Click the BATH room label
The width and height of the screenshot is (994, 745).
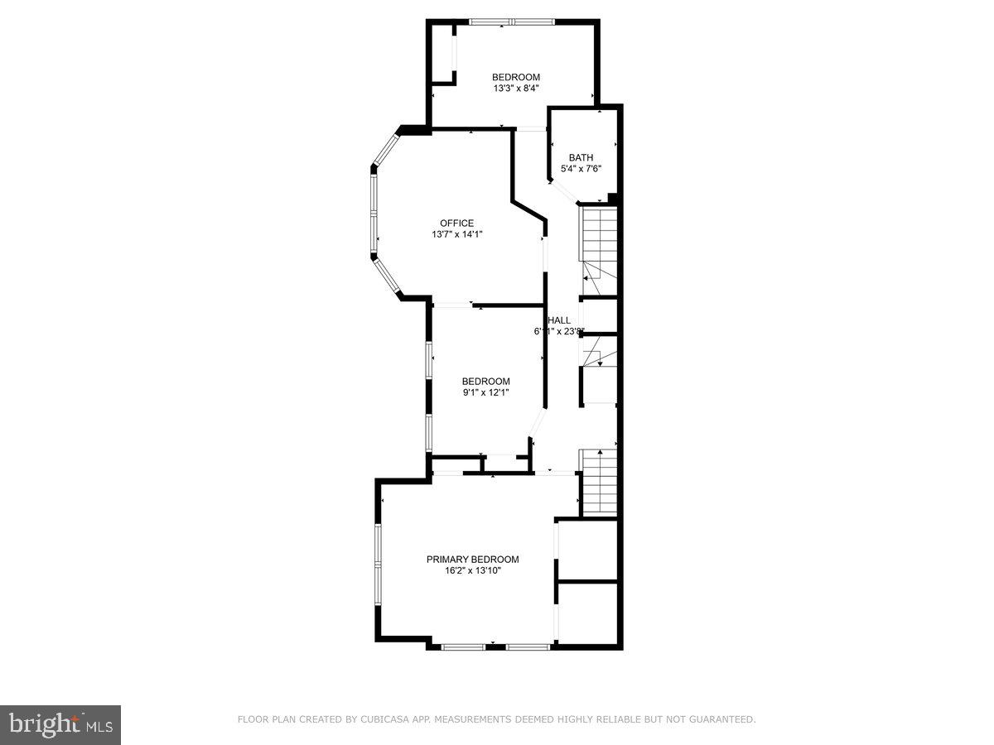[x=581, y=157]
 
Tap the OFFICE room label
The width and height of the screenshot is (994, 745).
[x=456, y=223]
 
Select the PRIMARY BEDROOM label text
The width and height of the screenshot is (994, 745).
[x=472, y=560]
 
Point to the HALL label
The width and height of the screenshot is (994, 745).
[x=559, y=320]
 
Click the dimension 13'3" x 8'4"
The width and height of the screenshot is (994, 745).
[x=516, y=89]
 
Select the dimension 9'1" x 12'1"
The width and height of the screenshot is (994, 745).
[x=485, y=392]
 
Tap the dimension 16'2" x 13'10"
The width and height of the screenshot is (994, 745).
[x=472, y=570]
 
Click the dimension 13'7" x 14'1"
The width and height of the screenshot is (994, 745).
[x=456, y=234]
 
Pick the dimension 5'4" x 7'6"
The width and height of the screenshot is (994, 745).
[x=581, y=169]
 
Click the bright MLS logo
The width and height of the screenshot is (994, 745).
[x=60, y=725]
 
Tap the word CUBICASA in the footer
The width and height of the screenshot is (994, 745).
[x=383, y=720]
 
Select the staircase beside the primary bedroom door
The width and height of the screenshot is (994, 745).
[x=598, y=483]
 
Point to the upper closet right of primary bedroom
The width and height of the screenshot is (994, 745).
[x=587, y=550]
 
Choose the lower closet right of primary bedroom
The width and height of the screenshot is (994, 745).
[x=587, y=613]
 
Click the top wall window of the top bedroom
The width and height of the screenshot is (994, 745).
[x=510, y=22]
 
